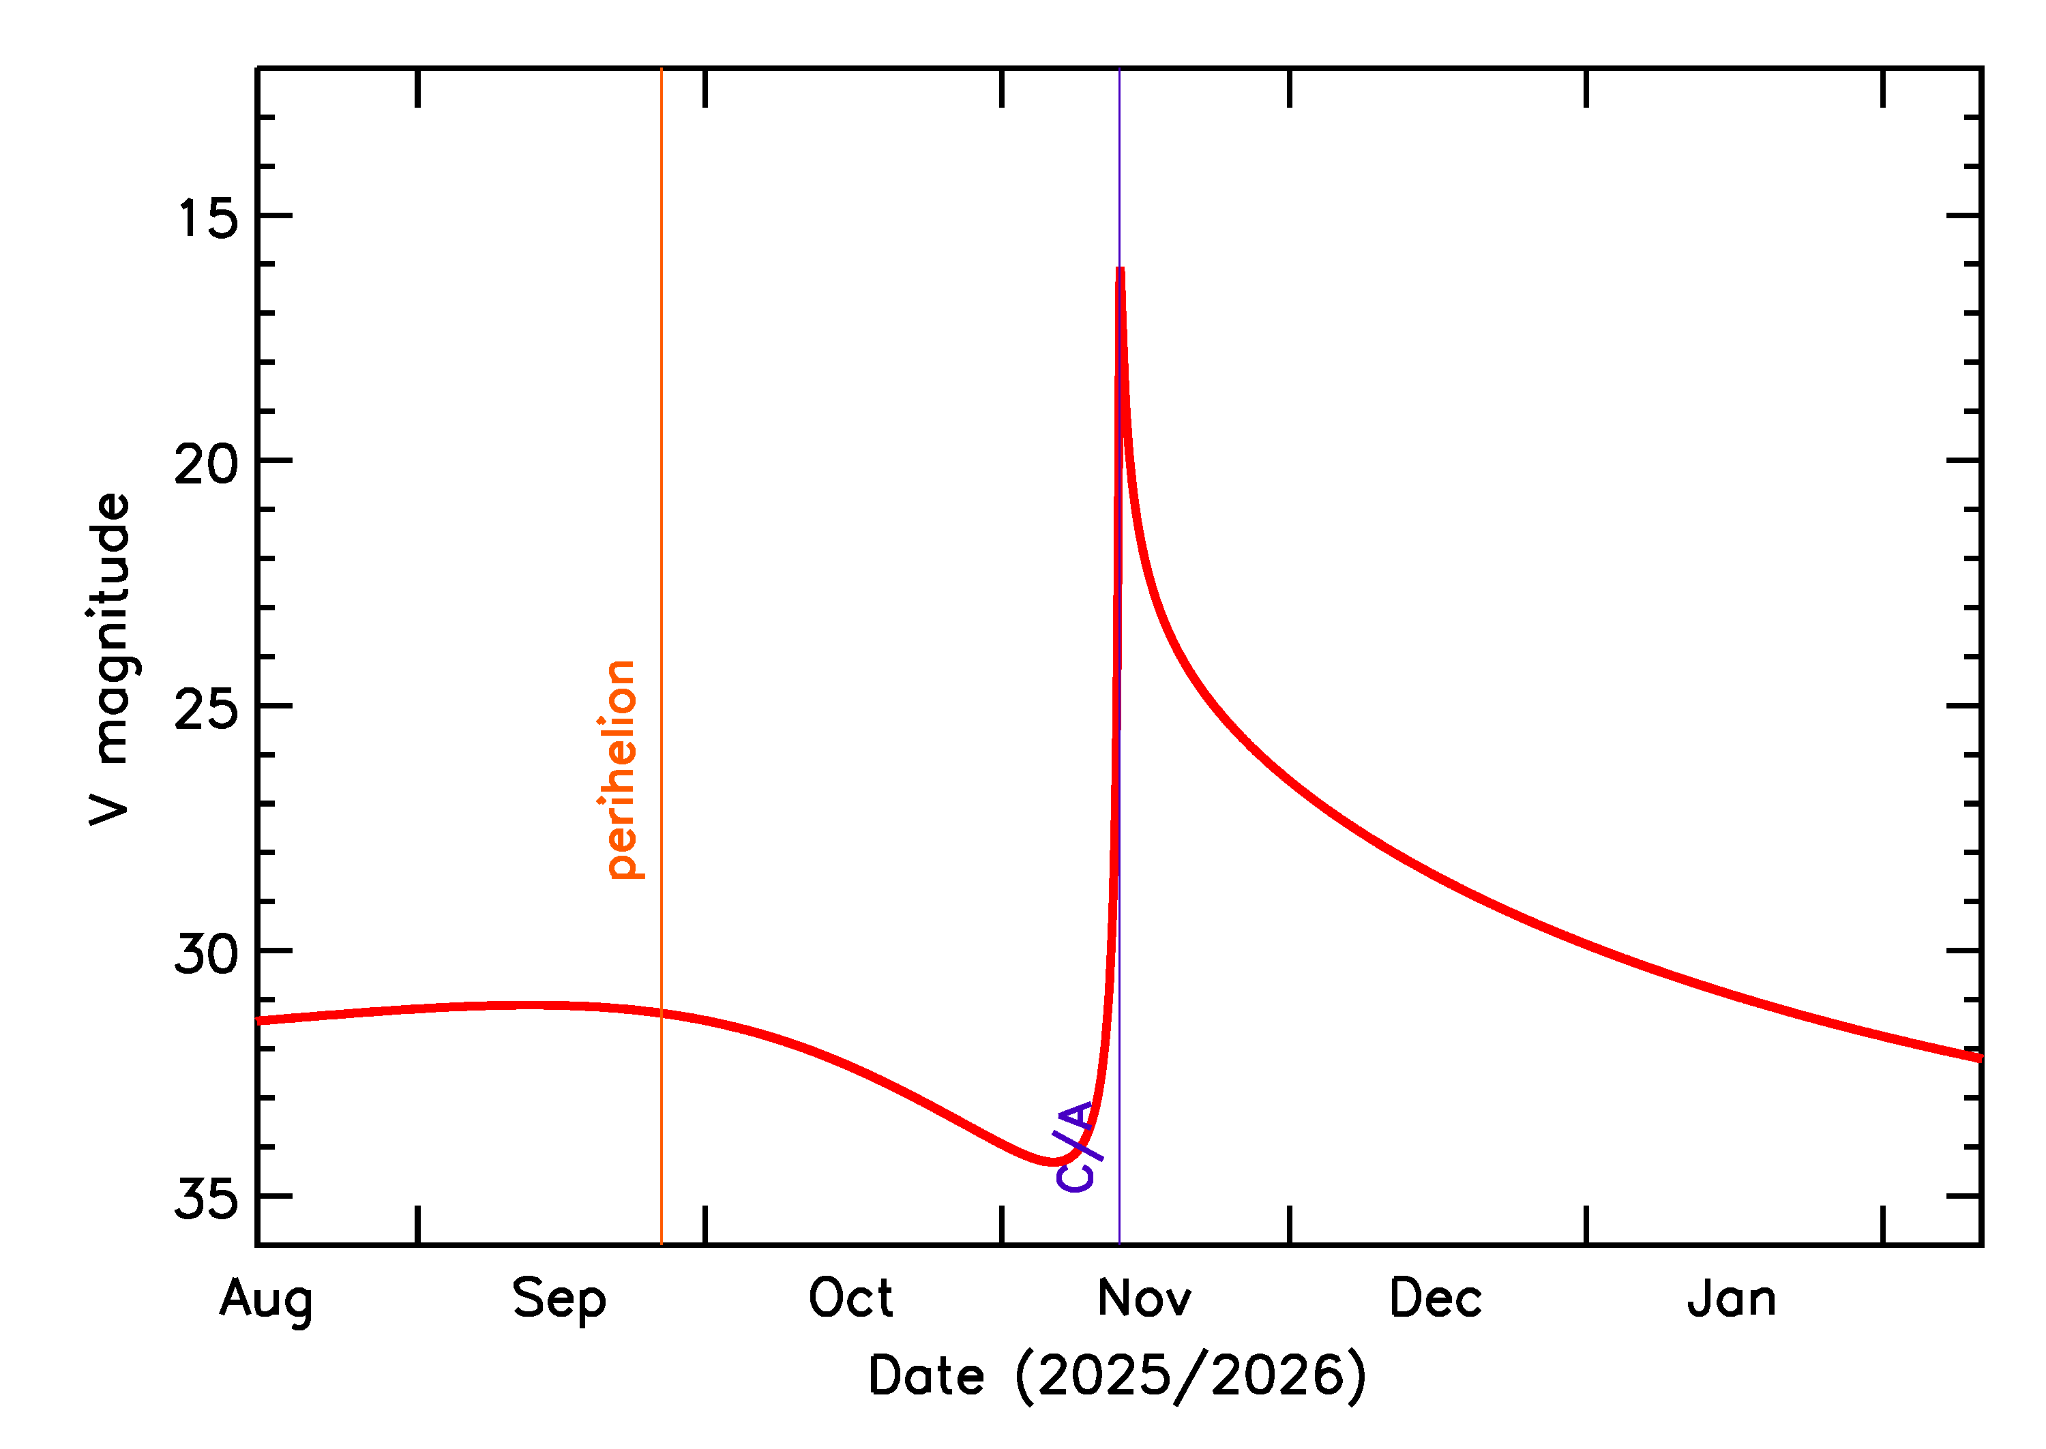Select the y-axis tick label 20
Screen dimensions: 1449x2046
point(207,464)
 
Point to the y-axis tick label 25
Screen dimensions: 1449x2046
point(207,709)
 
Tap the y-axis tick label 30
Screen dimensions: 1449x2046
point(207,954)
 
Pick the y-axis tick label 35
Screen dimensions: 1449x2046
point(207,1198)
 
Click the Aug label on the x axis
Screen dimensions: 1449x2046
point(266,1300)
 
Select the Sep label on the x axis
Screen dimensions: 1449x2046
point(559,1300)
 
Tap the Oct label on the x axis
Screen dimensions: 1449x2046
point(850,1298)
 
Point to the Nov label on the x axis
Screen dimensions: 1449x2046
point(1144,1298)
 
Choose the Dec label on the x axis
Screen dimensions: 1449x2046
point(1436,1298)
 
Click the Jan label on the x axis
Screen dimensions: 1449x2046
point(1732,1298)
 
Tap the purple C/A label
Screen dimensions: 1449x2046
point(1076,1146)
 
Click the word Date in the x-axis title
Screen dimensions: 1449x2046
point(926,1376)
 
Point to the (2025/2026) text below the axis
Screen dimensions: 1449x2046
point(1190,1376)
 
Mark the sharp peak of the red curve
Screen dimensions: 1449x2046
point(1120,269)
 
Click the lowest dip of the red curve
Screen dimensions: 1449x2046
point(1053,1161)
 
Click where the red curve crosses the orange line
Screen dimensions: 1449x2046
point(661,1013)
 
